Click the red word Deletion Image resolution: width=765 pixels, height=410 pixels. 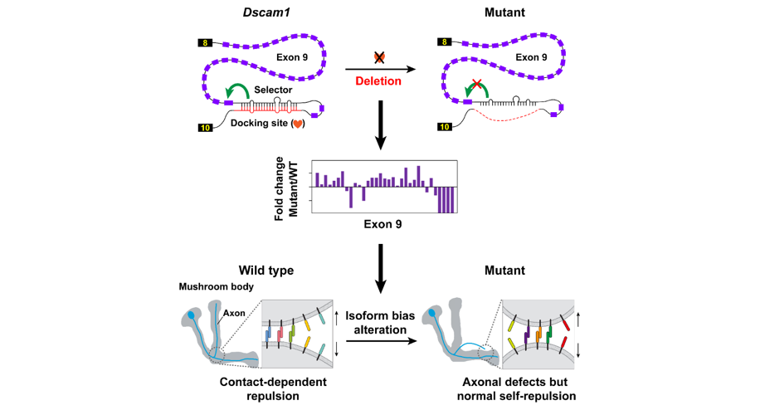(378, 81)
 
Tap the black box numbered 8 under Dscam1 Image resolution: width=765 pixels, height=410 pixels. (205, 42)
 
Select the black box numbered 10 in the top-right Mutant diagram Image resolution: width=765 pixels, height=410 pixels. (445, 127)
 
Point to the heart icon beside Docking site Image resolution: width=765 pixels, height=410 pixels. (297, 124)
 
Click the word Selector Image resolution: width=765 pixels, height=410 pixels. (273, 90)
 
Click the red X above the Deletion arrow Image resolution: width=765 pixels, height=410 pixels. (379, 57)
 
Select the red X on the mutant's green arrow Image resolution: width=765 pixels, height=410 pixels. (476, 85)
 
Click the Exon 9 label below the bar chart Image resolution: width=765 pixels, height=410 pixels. (382, 224)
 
